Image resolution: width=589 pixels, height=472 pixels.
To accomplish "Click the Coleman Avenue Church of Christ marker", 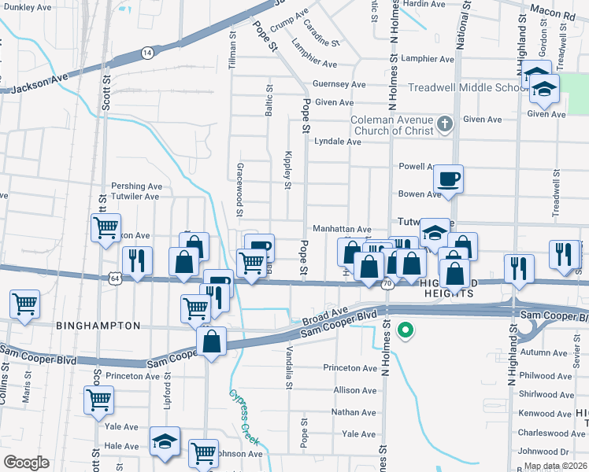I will (445, 124).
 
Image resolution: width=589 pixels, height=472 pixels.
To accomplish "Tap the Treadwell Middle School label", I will (467, 87).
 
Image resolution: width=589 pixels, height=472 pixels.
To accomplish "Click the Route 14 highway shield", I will (147, 52).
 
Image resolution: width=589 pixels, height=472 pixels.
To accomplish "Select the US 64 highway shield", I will (116, 278).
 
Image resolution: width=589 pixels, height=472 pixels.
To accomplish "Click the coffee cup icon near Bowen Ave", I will (449, 180).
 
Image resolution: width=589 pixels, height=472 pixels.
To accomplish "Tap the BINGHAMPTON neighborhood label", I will (98, 325).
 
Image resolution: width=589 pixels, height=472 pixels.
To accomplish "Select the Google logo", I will (26, 462).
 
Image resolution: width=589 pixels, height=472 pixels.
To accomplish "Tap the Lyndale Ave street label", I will (337, 142).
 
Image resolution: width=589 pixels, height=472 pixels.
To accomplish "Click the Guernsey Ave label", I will (339, 84).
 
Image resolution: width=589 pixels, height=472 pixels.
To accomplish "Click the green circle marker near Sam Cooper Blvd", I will (406, 330).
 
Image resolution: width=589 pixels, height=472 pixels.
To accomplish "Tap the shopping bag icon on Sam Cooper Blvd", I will (211, 342).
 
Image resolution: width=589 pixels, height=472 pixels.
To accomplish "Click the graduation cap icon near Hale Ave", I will (165, 441).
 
